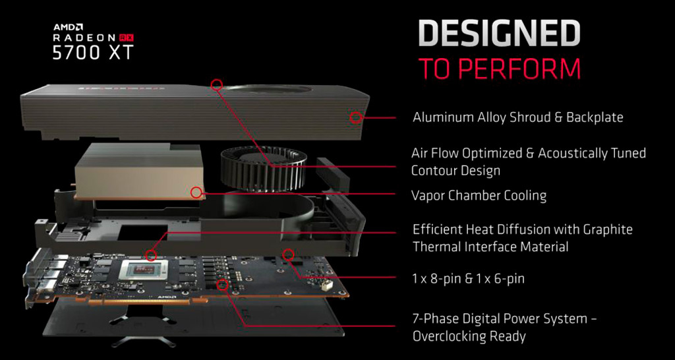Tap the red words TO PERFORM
(x=500, y=68)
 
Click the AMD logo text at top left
(x=69, y=27)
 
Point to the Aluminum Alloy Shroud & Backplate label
(x=518, y=117)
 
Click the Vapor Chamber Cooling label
(x=479, y=196)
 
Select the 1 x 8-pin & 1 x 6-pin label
(x=469, y=279)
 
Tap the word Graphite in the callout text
(x=607, y=229)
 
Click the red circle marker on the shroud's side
(x=355, y=117)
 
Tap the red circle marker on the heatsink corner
(x=196, y=192)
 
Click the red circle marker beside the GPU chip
(x=151, y=255)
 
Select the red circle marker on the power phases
(x=223, y=284)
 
